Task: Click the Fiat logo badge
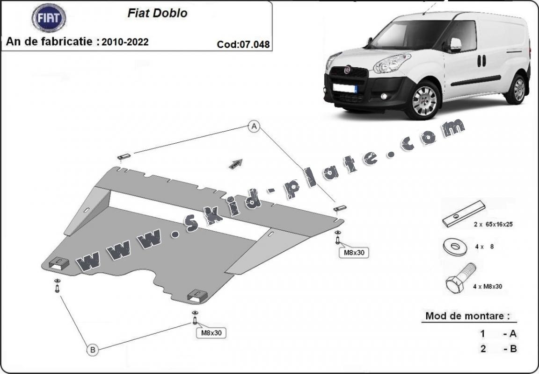pos(49,18)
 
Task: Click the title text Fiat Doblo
pos(157,13)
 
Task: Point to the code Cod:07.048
pos(243,45)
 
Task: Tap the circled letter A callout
pos(254,126)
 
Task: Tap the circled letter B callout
pos(92,349)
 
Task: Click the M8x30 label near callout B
pos(211,333)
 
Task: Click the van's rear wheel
pos(519,89)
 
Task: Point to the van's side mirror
pos(455,44)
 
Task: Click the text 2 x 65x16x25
pos(493,224)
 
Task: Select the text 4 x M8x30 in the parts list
pos(487,286)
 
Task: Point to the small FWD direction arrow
pos(236,162)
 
